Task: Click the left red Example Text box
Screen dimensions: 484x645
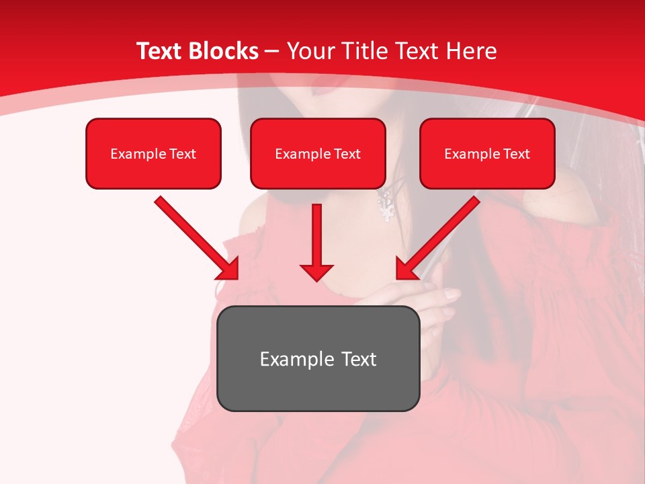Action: coord(153,153)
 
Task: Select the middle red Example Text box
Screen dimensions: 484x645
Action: coord(318,153)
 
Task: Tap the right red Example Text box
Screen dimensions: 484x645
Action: coord(487,153)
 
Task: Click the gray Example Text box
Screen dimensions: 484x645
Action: coord(318,358)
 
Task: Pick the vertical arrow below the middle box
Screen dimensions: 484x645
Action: coord(316,242)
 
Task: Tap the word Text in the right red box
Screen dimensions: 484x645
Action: coord(516,154)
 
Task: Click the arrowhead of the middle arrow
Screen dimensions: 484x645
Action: coord(316,272)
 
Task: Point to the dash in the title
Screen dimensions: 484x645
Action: coord(272,51)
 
